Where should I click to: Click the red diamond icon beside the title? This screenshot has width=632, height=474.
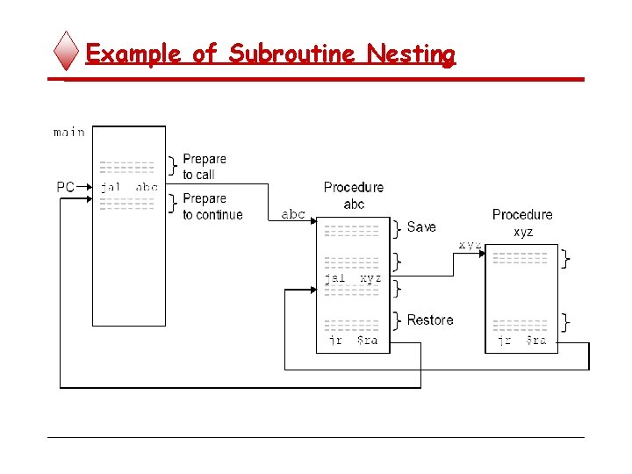[68, 52]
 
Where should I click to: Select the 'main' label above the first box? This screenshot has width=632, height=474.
[68, 133]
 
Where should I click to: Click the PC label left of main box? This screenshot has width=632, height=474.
[66, 187]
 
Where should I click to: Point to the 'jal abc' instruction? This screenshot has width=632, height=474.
[128, 187]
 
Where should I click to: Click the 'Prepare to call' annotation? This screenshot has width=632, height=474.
[204, 167]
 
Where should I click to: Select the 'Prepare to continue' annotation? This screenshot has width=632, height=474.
[212, 207]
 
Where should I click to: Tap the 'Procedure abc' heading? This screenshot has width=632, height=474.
[353, 196]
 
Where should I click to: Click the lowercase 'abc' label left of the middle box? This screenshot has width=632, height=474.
[293, 214]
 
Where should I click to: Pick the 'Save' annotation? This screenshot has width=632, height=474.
[421, 227]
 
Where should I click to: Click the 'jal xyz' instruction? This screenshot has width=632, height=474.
[353, 277]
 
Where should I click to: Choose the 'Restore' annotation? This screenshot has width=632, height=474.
[430, 320]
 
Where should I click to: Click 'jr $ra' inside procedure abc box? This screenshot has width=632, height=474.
[353, 341]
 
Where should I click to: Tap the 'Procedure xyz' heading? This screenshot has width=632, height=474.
[522, 223]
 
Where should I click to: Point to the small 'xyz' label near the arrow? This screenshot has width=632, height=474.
[470, 245]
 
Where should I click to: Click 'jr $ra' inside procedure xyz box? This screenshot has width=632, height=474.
[521, 341]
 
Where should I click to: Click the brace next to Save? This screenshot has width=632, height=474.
[398, 228]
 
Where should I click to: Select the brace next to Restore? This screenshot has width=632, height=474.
[398, 320]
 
